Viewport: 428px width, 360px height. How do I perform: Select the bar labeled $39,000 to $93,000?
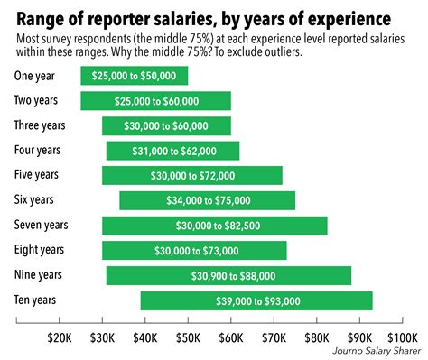(256, 300)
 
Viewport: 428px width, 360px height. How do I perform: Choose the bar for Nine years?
(228, 275)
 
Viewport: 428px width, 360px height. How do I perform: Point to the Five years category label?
(37, 175)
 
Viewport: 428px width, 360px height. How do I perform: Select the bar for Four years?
(172, 151)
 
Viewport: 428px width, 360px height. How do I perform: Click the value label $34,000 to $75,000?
(207, 200)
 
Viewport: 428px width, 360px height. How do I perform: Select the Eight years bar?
(194, 250)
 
